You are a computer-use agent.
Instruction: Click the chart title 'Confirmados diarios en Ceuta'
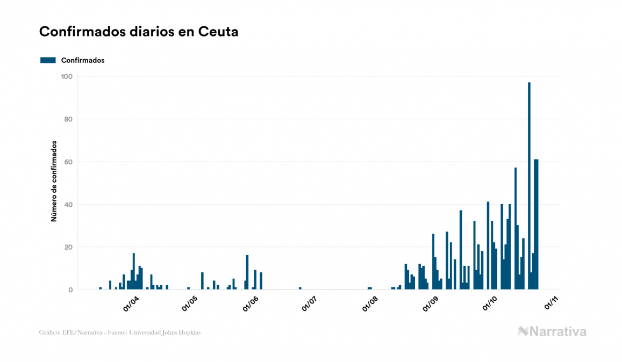click(139, 32)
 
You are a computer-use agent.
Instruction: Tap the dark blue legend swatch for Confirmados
click(48, 60)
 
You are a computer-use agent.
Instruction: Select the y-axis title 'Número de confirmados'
click(54, 182)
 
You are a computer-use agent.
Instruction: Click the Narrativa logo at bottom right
click(552, 331)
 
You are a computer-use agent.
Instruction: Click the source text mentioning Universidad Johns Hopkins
click(120, 332)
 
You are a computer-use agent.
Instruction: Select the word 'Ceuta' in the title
click(218, 32)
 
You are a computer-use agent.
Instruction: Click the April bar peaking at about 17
click(134, 271)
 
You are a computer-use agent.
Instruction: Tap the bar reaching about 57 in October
click(516, 229)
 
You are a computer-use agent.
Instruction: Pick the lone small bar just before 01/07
click(300, 288)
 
